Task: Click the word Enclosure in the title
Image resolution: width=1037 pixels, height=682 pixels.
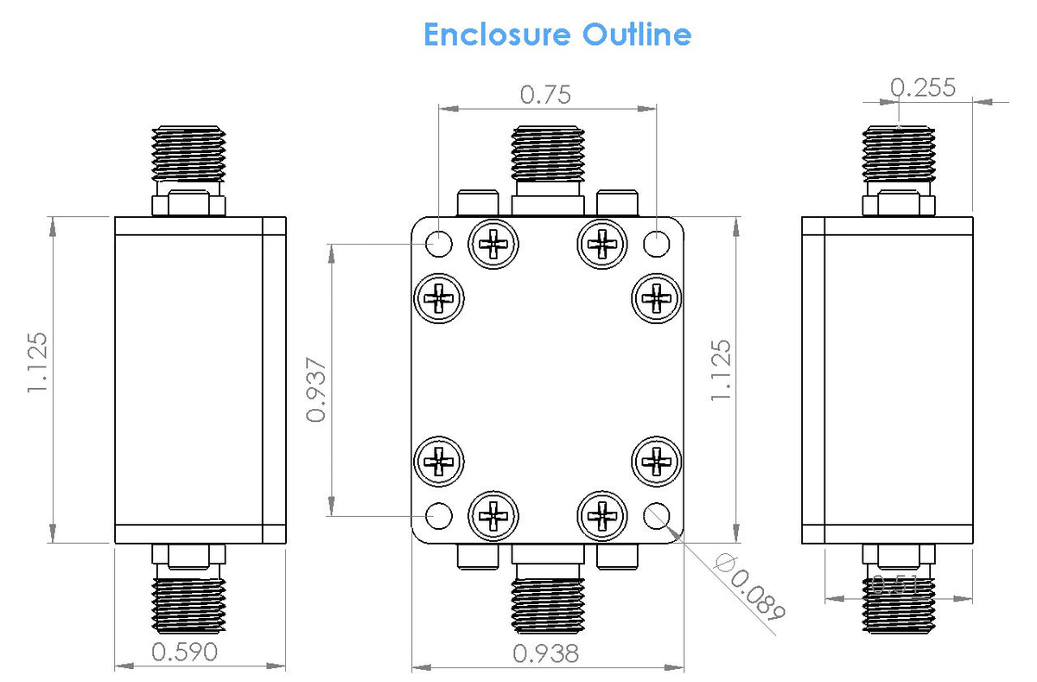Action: [497, 35]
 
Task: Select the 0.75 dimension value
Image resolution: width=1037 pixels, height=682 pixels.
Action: [545, 94]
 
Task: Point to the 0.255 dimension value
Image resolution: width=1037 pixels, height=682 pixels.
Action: [922, 87]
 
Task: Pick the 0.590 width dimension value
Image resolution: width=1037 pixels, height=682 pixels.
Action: [184, 651]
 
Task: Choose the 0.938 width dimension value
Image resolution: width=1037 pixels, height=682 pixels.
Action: [545, 653]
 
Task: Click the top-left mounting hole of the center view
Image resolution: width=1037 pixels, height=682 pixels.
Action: [439, 243]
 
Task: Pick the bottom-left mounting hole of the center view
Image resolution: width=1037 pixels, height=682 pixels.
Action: [439, 516]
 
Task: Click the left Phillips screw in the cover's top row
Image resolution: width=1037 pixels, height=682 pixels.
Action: [493, 246]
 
